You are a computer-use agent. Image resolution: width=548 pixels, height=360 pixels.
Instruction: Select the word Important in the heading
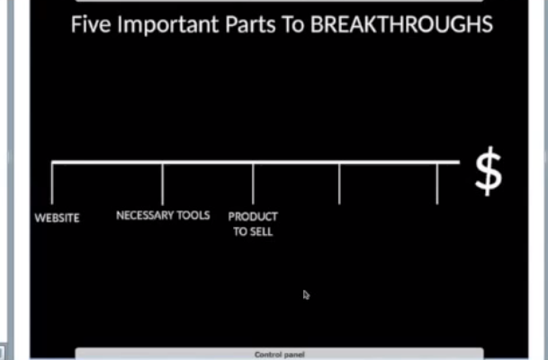(168, 25)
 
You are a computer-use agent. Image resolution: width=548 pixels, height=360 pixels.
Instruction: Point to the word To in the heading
(292, 24)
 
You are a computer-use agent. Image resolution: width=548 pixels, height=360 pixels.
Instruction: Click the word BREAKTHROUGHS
(401, 24)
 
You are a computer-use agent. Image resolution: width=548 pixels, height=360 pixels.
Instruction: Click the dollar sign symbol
(489, 171)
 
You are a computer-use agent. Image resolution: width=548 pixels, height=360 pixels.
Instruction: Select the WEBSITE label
(57, 218)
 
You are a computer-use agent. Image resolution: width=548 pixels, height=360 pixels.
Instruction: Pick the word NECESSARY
(145, 215)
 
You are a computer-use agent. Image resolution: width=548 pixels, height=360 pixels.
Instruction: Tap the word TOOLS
(193, 215)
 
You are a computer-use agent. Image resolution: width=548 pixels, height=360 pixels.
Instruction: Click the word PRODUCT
(253, 217)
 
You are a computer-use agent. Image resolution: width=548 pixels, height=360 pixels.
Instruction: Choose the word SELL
(261, 231)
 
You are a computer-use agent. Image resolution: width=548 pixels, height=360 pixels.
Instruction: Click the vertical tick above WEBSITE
(52, 183)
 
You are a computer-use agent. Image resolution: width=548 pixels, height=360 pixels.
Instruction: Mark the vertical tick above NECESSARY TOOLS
(163, 184)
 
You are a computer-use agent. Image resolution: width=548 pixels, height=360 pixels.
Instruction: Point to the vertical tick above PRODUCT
(253, 184)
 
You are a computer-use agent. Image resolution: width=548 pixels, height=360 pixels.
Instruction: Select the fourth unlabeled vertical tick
(339, 184)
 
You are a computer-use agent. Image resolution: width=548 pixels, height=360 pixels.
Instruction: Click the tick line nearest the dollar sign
(437, 184)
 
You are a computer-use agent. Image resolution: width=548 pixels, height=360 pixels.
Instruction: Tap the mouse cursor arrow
(306, 295)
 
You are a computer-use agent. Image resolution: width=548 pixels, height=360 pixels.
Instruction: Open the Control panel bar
(280, 354)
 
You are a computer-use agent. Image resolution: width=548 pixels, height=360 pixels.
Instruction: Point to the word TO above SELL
(240, 231)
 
